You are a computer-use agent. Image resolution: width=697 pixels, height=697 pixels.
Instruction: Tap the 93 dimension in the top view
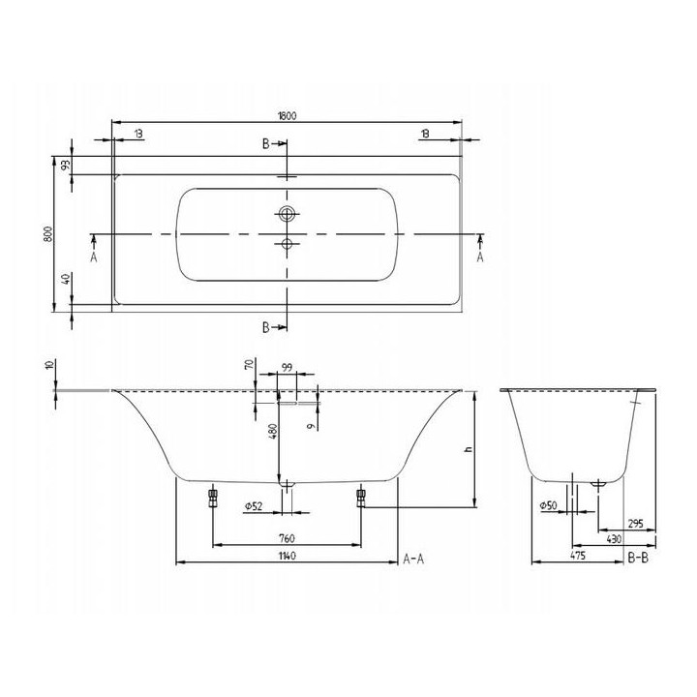pos(66,166)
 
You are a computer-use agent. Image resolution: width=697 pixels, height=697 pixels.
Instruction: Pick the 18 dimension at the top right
pos(426,133)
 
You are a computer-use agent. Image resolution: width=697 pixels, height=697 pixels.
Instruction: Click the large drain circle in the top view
pos(287,212)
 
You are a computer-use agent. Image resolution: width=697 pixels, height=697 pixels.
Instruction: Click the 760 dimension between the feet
pos(287,538)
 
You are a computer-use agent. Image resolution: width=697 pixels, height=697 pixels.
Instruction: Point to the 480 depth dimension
pos(274,431)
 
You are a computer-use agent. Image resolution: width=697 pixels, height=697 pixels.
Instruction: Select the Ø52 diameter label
pos(257,505)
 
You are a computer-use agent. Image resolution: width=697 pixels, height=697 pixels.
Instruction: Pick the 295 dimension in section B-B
pos(634,524)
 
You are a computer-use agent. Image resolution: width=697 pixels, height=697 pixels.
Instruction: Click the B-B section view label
pos(638,557)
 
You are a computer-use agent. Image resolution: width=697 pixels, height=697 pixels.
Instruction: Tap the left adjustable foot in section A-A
pos(210,497)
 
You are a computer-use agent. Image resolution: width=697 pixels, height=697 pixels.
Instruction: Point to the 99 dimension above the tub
pos(287,366)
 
